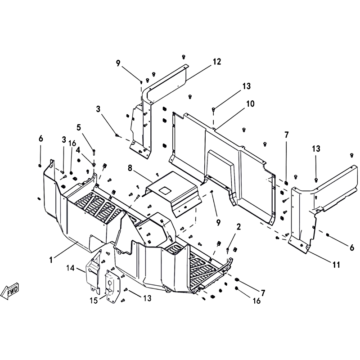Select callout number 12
point(216,62)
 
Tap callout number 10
point(250,104)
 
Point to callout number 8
point(130,168)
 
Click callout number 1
point(51,260)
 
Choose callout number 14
point(71,268)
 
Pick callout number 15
point(94,300)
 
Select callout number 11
point(336,265)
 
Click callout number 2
point(239,227)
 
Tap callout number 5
point(79,127)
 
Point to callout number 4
point(78,150)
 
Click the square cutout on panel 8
point(165,189)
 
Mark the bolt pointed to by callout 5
point(94,151)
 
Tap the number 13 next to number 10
point(246,86)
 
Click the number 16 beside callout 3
point(72,143)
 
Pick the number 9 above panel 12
point(118,63)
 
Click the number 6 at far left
point(40,139)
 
